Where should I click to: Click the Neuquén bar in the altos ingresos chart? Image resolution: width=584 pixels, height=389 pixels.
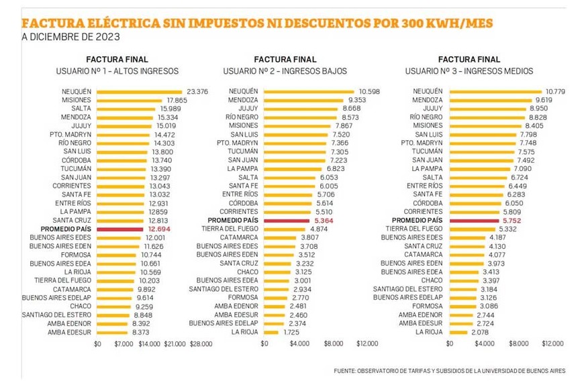point(139,91)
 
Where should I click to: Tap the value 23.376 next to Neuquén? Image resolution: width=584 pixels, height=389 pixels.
point(197,91)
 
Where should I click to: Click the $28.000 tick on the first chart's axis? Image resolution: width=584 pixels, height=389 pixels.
point(201,343)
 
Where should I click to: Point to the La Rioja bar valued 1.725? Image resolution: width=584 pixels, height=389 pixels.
point(271,332)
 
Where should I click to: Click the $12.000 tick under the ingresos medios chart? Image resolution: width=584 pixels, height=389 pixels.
point(552,343)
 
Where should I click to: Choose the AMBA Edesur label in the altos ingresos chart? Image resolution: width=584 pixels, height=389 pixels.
point(69,332)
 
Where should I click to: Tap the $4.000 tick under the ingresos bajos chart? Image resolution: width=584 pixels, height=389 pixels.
point(299,343)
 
